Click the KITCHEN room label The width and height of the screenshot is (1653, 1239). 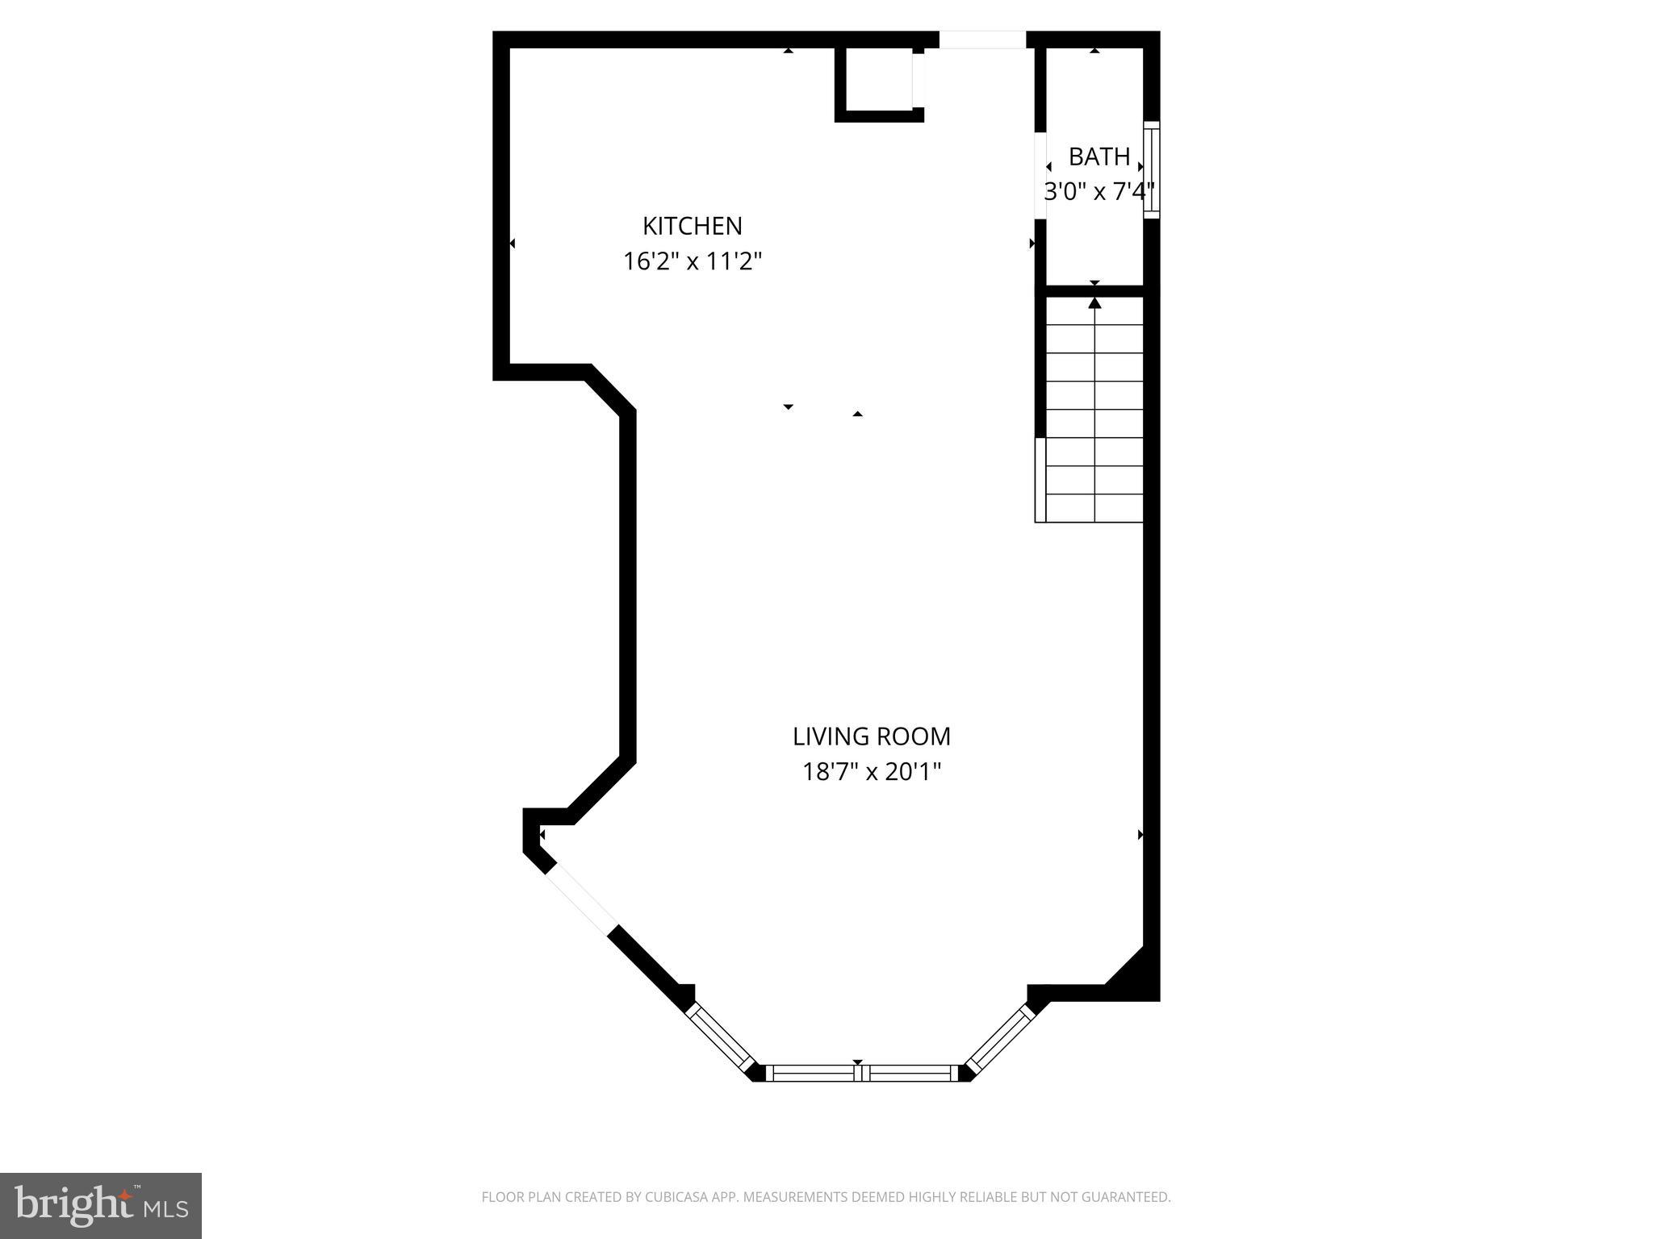pyautogui.click(x=692, y=226)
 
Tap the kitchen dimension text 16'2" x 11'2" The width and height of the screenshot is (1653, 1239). pyautogui.click(x=692, y=261)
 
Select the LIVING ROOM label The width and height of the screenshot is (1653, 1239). pyautogui.click(x=871, y=736)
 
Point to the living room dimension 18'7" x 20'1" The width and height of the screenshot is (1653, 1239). pyautogui.click(x=871, y=773)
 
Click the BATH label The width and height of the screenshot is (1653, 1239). pyautogui.click(x=1099, y=156)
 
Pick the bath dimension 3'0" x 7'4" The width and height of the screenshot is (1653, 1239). pyautogui.click(x=1099, y=192)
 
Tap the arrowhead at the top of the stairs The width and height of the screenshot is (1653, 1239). pyautogui.click(x=1094, y=303)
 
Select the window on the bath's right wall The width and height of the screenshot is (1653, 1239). pyautogui.click(x=1152, y=169)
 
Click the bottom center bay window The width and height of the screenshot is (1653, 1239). pyautogui.click(x=861, y=1073)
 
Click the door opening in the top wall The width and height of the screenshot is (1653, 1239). pyautogui.click(x=981, y=40)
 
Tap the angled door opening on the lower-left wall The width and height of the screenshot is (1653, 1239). pyautogui.click(x=581, y=903)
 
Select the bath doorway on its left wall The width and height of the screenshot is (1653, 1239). pyautogui.click(x=1040, y=175)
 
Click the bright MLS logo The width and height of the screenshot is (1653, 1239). pyautogui.click(x=101, y=1206)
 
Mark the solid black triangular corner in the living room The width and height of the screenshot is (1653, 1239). pyautogui.click(x=1138, y=974)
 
